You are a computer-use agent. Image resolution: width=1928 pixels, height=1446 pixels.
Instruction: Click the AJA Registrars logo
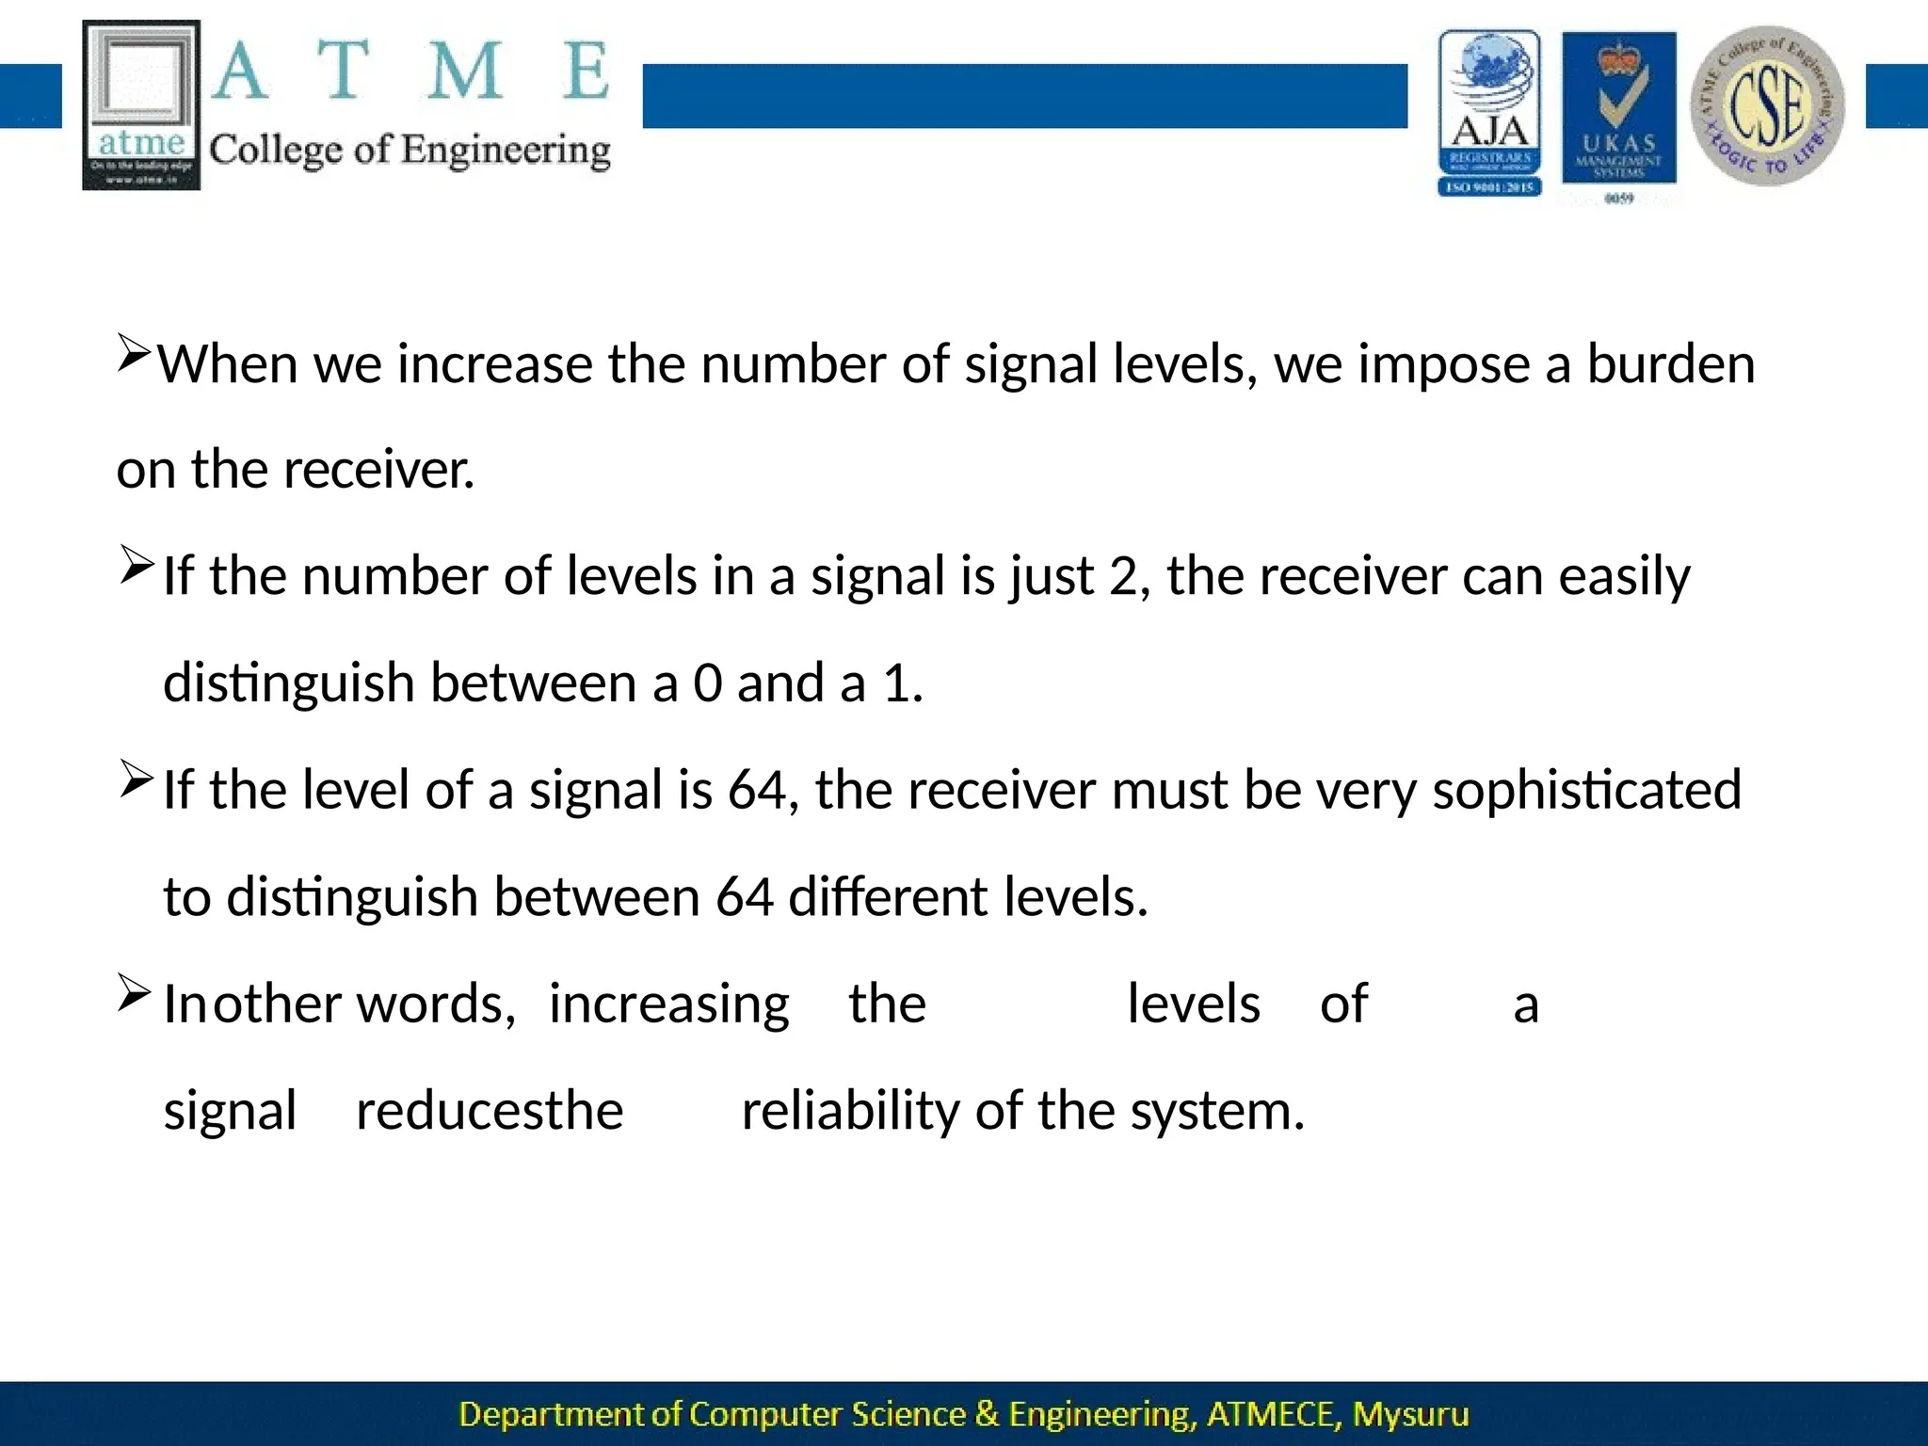[x=1489, y=113]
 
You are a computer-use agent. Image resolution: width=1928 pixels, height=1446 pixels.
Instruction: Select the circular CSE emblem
[x=1767, y=105]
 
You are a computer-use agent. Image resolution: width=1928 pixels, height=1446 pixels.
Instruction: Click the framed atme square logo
[x=141, y=104]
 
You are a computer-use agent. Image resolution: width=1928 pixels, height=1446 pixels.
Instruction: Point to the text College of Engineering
[x=410, y=151]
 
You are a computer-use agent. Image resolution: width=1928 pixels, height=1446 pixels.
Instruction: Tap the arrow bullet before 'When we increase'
[x=135, y=355]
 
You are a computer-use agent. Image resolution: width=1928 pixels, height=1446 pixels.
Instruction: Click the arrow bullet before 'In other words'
[x=135, y=995]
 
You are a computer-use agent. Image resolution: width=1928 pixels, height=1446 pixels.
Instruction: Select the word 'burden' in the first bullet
[x=1671, y=364]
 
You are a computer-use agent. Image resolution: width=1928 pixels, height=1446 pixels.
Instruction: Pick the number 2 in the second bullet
[x=1123, y=576]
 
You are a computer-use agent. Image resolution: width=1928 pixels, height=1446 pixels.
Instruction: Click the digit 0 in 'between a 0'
[x=707, y=683]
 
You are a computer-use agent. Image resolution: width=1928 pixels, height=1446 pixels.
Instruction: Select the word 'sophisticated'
[x=1586, y=791]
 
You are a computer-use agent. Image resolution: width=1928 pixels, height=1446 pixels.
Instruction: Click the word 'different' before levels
[x=887, y=897]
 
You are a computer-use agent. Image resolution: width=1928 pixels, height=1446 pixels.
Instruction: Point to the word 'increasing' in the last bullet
[x=668, y=1004]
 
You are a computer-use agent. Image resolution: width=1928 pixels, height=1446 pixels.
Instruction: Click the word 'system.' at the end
[x=1217, y=1112]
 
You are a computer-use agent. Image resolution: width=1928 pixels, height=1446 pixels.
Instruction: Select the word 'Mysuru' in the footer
[x=1410, y=1415]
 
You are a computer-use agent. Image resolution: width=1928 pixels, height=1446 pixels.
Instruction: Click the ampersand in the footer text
[x=987, y=1415]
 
